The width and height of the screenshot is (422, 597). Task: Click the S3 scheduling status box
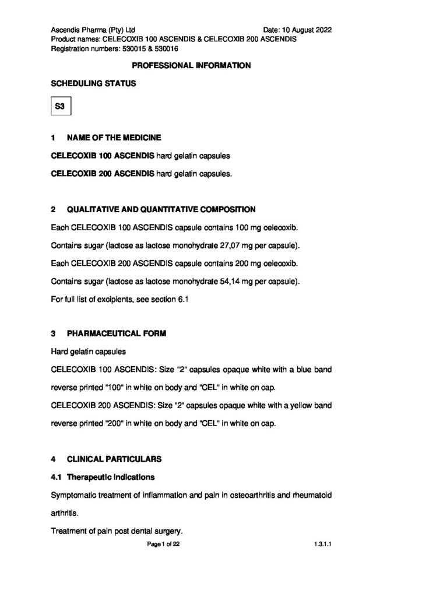[x=61, y=107]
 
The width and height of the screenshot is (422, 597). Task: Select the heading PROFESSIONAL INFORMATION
[x=192, y=65]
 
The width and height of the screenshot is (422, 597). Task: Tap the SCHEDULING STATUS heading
[x=94, y=83]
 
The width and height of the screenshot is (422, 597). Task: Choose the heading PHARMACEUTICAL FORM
[x=117, y=333]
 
